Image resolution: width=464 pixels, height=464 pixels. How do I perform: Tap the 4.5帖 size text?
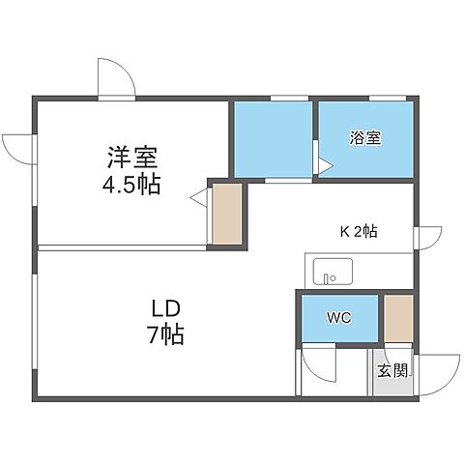132,184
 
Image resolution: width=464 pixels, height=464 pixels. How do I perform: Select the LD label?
165,310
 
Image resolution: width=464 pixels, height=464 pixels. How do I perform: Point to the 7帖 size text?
165,335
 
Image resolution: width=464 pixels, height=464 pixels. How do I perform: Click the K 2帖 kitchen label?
358,231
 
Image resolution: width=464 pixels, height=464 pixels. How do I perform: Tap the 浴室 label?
365,137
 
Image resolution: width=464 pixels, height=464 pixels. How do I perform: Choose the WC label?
339,316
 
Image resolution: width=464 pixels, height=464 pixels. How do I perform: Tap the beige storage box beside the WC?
398,316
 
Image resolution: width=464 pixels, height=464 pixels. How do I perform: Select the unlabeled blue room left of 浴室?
273,139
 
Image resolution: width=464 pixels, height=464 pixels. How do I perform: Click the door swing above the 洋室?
116,79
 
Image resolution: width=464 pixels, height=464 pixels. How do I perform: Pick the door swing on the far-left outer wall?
18,147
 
